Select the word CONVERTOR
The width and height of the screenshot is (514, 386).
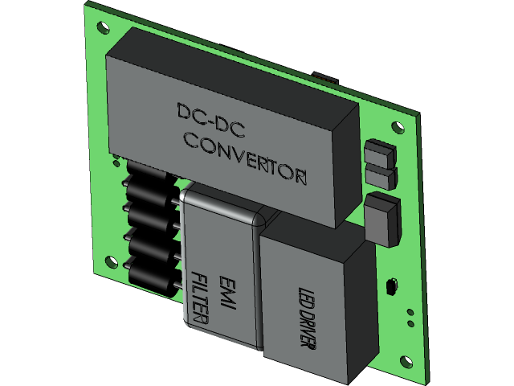point(245,158)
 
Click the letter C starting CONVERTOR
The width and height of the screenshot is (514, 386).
point(190,142)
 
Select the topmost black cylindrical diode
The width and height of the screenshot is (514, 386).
point(149,176)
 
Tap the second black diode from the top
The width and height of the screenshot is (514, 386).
point(150,211)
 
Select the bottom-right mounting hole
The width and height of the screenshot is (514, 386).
point(406,317)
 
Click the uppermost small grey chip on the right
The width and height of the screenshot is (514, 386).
point(378,152)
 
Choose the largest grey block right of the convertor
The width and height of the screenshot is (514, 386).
point(383,217)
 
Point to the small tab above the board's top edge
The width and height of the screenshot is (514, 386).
point(325,76)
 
